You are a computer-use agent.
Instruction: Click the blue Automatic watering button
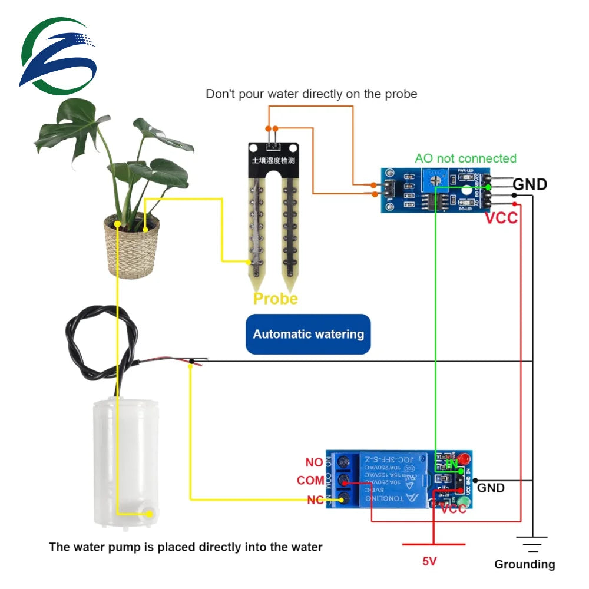click(308, 334)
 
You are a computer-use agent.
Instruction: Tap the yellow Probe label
click(275, 299)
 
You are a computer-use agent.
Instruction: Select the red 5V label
click(429, 561)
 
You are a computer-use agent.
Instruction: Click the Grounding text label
click(524, 564)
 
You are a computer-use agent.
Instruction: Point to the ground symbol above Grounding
click(532, 544)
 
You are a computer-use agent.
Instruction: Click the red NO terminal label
click(314, 463)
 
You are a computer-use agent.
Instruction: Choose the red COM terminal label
click(310, 481)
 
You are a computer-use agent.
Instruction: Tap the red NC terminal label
click(315, 501)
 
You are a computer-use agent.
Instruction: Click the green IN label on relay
click(452, 465)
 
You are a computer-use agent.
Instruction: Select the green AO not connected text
click(465, 158)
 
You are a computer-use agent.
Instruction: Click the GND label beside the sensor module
click(530, 184)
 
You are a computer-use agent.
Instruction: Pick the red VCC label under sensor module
click(501, 218)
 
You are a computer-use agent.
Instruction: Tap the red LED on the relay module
click(465, 458)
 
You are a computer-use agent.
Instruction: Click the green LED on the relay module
click(465, 502)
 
